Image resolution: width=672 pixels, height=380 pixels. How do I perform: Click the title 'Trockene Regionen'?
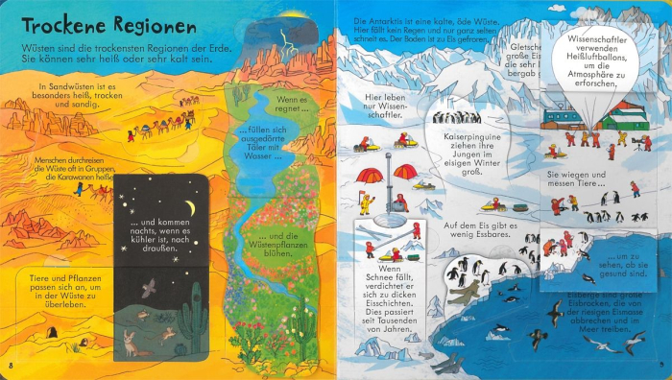[102, 26]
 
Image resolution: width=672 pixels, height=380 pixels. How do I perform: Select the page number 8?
[10, 366]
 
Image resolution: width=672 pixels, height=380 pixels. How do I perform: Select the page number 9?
[661, 366]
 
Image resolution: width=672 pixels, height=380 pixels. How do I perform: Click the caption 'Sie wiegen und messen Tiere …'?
[578, 180]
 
